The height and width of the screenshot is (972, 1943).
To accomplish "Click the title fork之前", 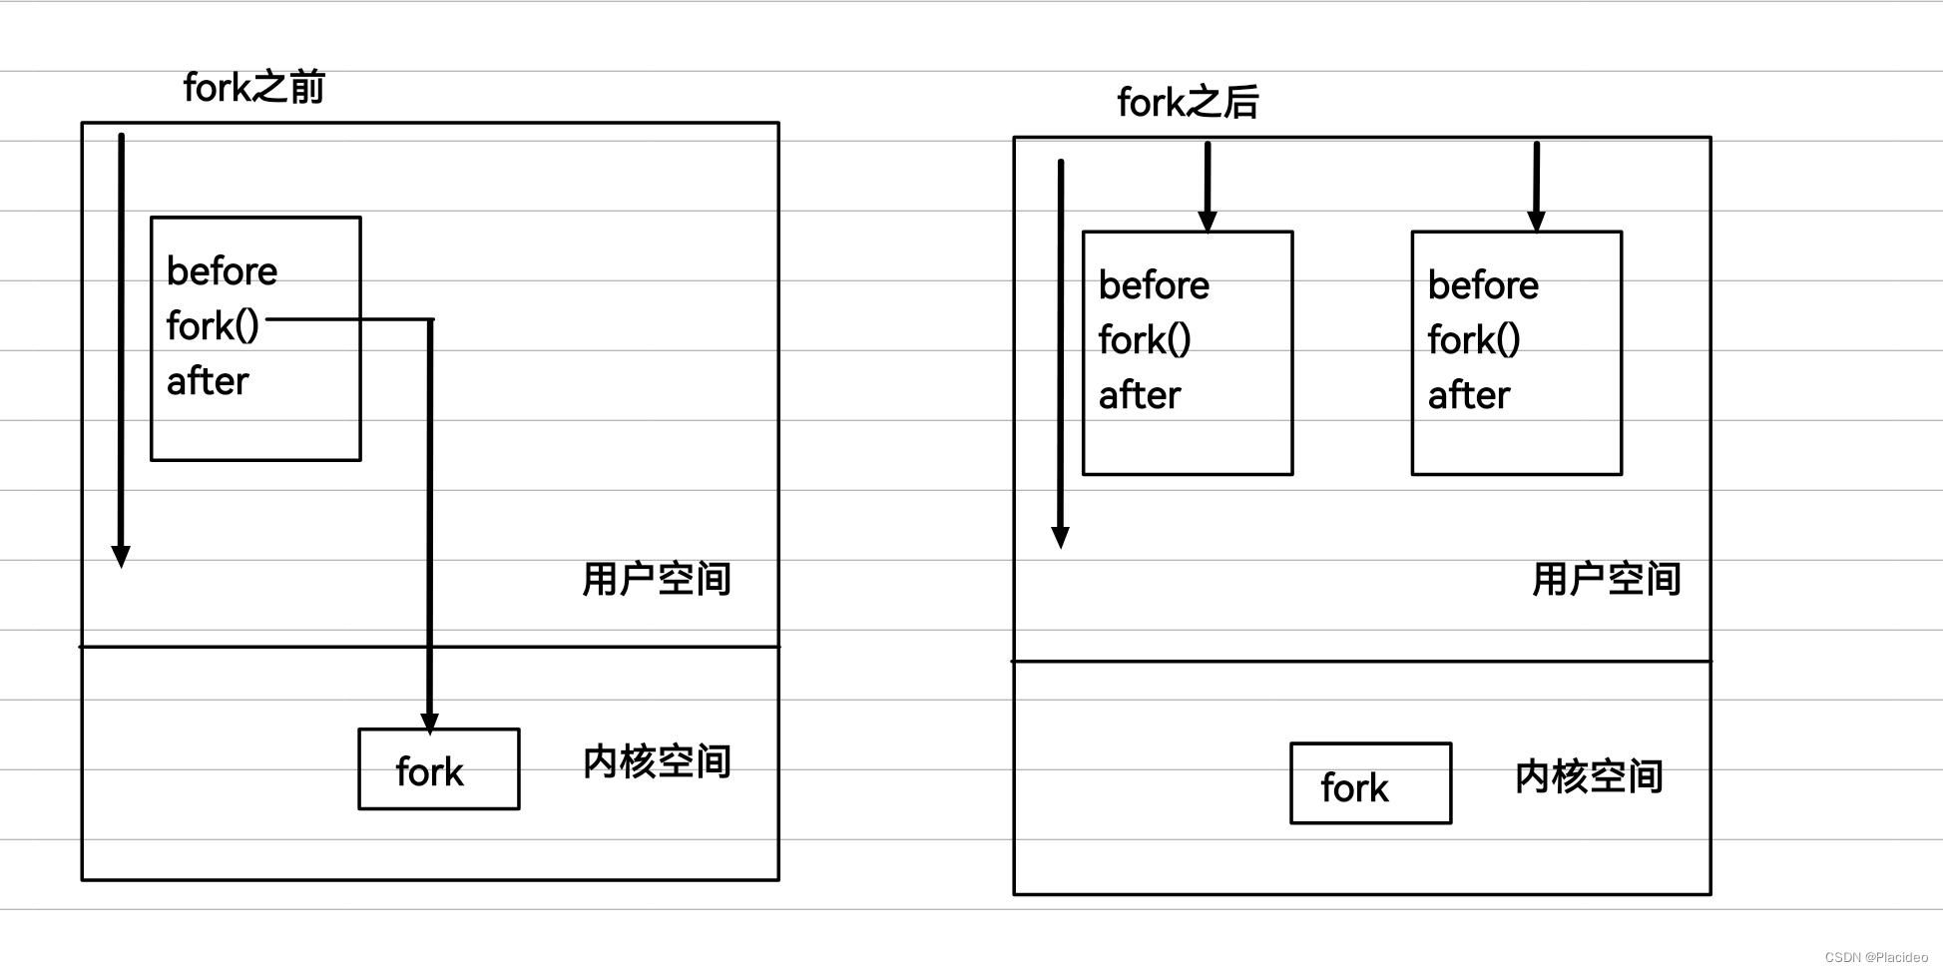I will click(253, 88).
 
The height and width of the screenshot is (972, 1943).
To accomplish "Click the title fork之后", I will click(1187, 103).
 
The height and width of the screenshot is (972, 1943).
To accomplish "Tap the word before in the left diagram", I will click(222, 271).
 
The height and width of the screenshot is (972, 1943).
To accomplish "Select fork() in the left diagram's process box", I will click(213, 326).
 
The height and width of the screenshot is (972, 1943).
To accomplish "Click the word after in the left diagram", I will click(208, 381).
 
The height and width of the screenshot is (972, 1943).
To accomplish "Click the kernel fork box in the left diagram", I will click(438, 769).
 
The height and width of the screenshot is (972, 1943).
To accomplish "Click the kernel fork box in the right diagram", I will click(1369, 784).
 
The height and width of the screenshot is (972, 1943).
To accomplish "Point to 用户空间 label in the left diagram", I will click(656, 579).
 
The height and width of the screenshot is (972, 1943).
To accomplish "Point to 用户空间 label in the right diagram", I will click(1606, 579).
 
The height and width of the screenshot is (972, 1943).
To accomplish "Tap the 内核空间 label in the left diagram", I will click(656, 761).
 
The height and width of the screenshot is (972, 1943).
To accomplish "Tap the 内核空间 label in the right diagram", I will click(1588, 776).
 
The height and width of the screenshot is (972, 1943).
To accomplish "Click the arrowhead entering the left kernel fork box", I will click(430, 723).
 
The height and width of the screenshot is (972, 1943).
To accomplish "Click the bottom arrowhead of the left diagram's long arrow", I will click(121, 557).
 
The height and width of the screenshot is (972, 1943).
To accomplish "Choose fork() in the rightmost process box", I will click(1474, 340).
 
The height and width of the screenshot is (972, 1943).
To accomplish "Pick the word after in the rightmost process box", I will click(1468, 395).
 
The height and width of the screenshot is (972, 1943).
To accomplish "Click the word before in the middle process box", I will click(1154, 285).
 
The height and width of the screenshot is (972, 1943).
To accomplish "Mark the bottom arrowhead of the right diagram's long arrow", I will click(1060, 538).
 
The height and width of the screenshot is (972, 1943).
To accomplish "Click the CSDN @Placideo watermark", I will click(1875, 957).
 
